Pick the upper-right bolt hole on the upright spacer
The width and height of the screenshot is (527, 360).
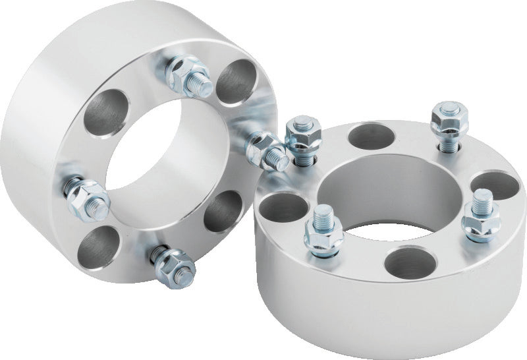pos(238,82)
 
